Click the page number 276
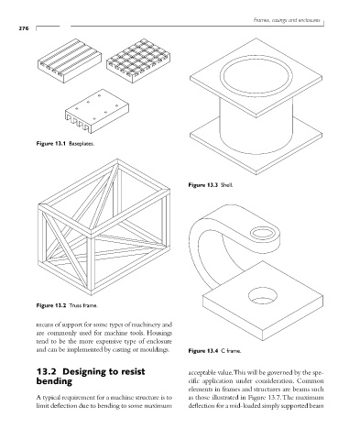[x=24, y=28]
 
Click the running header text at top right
[x=287, y=20]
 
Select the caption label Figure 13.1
[x=51, y=143]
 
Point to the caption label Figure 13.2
[x=51, y=305]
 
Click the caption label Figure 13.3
[x=203, y=185]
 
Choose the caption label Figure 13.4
[x=203, y=351]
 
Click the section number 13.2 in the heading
[x=47, y=371]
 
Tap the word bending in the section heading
[x=54, y=381]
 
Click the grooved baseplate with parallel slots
[x=70, y=60]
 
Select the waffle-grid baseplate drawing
[x=138, y=60]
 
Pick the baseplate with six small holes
[x=97, y=111]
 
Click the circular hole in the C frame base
[x=263, y=295]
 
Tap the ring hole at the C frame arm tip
[x=265, y=233]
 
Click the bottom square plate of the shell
[x=256, y=146]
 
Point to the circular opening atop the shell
[x=256, y=75]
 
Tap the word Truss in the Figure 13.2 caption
[x=75, y=305]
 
